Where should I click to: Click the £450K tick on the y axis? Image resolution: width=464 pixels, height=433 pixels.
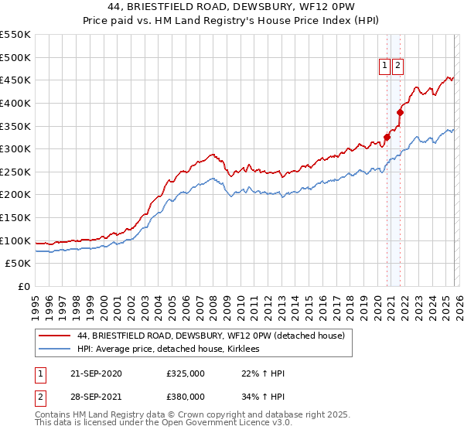point(16,80)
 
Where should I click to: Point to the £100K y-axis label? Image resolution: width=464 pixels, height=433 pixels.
point(16,240)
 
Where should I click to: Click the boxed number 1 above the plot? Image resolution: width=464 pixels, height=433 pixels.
point(384,66)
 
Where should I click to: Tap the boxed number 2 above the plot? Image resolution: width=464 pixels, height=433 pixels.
point(397,66)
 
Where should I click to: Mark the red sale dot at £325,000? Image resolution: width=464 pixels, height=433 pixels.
point(387,137)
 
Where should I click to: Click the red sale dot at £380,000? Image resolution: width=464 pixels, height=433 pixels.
point(401,112)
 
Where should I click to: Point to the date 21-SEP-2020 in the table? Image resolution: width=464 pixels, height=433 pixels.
point(97,374)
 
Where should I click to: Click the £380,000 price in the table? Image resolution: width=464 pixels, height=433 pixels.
point(186,396)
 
